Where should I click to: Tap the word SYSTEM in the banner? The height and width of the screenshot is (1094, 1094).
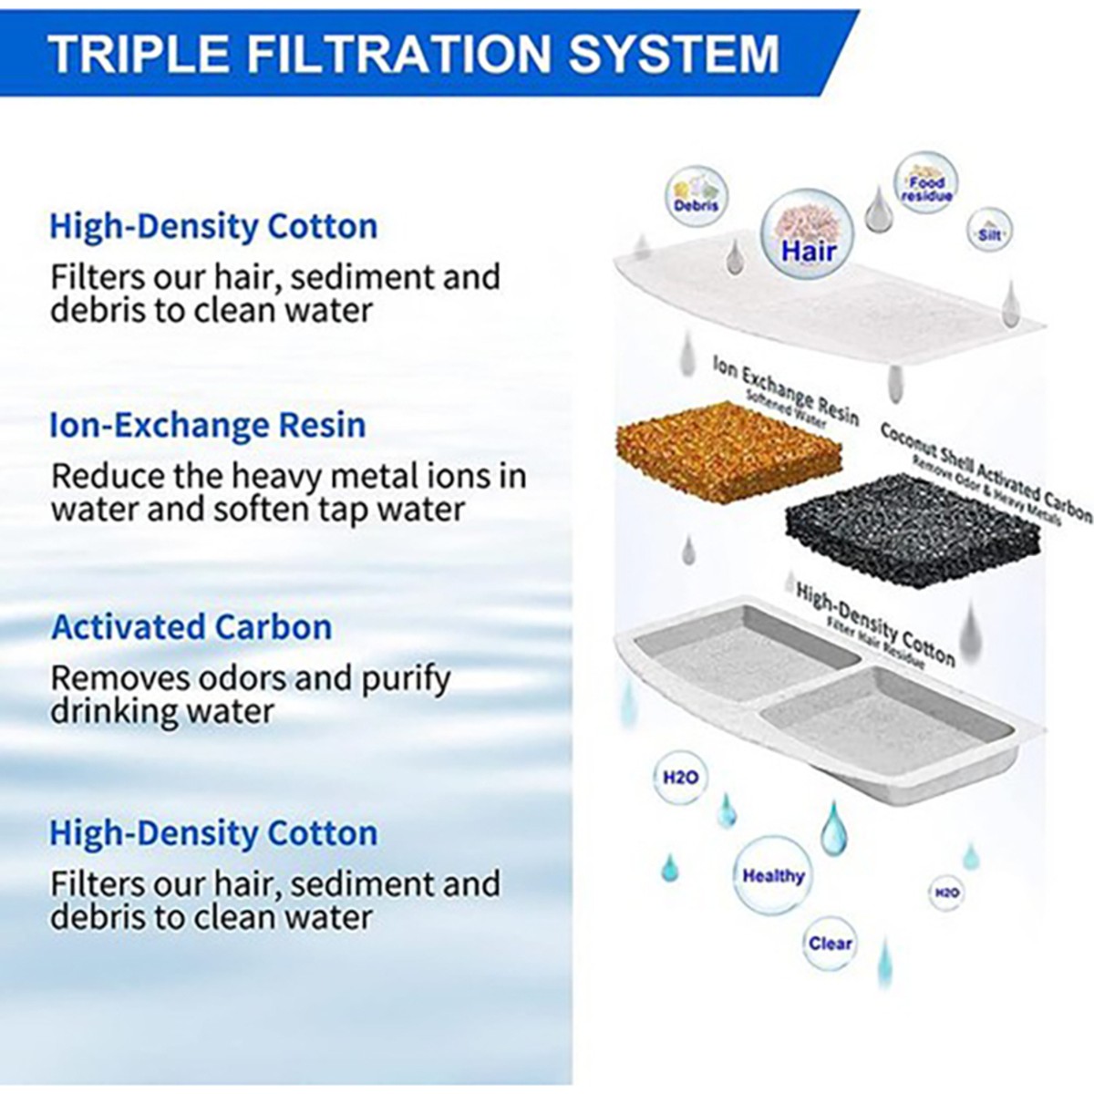[x=674, y=54]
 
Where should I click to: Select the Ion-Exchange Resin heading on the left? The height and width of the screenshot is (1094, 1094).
[x=208, y=425]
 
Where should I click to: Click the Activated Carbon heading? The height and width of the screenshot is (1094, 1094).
[x=191, y=626]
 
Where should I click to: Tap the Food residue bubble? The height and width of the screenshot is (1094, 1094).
[x=926, y=182]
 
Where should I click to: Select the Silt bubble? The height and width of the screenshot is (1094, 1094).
[x=989, y=232]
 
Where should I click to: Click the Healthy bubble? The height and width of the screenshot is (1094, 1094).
[x=773, y=875]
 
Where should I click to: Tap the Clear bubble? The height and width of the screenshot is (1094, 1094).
[x=830, y=959]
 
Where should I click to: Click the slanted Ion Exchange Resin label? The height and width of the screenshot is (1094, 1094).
[x=786, y=393]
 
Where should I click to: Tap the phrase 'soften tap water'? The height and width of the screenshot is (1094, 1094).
[x=339, y=510]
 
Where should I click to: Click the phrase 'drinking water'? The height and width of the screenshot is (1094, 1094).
[x=162, y=711]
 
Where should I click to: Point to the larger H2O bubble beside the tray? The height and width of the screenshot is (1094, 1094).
[x=680, y=778]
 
